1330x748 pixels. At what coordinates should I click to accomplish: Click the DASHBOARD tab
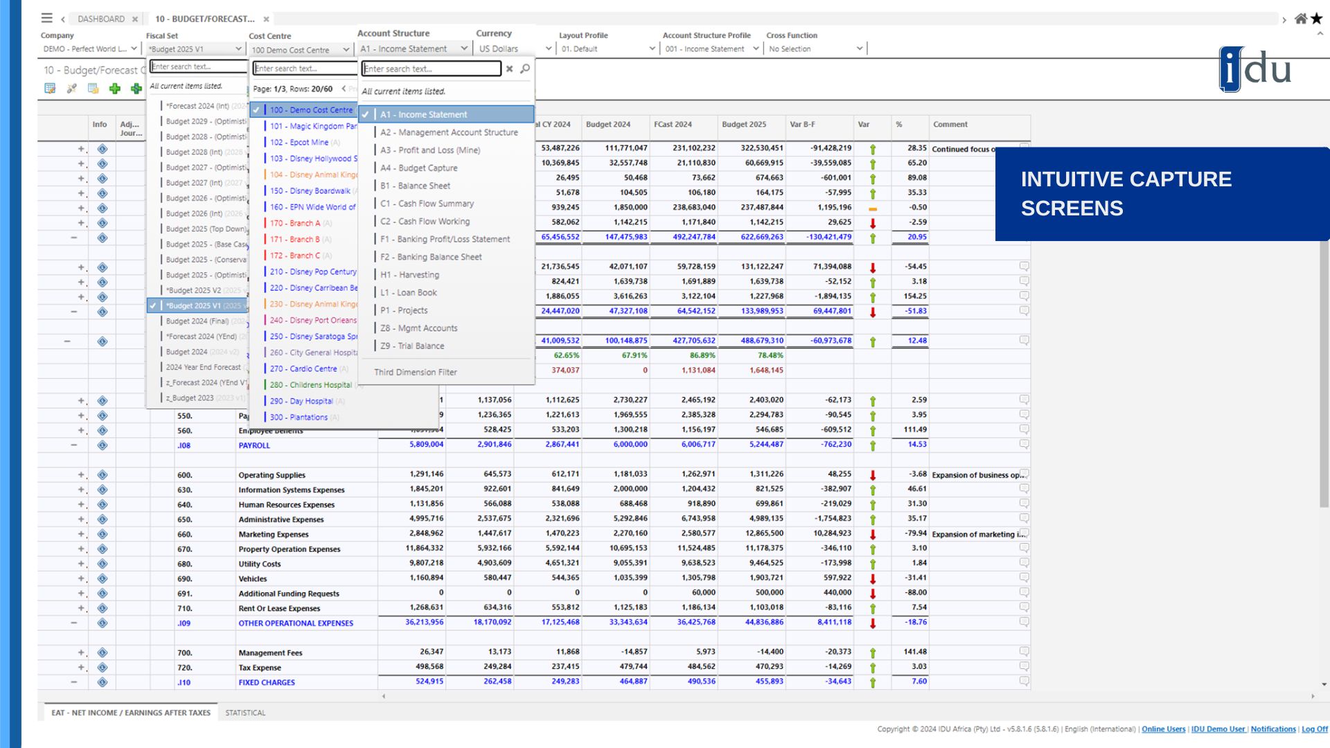pos(101,19)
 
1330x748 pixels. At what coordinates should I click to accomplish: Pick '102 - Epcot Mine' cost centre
pos(299,142)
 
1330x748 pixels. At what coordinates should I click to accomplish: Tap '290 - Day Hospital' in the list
pos(301,401)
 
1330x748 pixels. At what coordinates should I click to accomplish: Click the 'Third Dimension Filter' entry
pos(416,372)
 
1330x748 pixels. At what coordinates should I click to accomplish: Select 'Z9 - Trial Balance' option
pos(412,346)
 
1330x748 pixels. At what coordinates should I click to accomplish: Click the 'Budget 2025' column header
pos(744,125)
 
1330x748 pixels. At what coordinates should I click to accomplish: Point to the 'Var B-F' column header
pos(802,125)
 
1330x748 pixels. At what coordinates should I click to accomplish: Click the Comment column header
pos(950,125)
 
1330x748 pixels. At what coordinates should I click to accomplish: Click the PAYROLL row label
pos(254,445)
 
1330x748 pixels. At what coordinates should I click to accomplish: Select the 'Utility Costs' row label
pos(260,564)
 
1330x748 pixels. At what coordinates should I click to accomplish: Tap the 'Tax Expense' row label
pos(260,668)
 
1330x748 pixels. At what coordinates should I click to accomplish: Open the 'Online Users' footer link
pos(1163,729)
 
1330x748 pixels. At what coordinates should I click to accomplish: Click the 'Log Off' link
pos(1314,729)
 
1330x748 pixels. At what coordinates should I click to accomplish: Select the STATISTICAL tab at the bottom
pos(245,713)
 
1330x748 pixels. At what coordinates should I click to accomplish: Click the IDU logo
pos(1254,69)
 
